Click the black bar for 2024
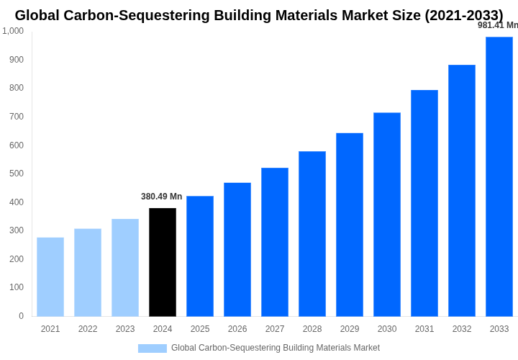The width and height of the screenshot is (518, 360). [163, 262]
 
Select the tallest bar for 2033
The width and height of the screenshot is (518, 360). [499, 176]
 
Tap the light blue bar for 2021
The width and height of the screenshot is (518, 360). [50, 276]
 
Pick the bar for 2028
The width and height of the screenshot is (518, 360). [312, 233]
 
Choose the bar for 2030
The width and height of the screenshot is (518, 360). [387, 214]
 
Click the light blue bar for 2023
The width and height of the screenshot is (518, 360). [125, 267]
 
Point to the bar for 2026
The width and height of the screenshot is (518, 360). [237, 249]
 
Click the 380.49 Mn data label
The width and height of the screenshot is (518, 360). [161, 197]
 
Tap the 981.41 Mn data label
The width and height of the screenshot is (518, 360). [497, 25]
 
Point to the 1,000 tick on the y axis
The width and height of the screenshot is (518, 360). [13, 31]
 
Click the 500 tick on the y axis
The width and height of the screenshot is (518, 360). [16, 174]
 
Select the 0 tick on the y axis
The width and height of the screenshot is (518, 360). [21, 316]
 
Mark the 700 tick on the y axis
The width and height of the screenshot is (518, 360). [16, 117]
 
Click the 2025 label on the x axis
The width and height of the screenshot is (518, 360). [200, 329]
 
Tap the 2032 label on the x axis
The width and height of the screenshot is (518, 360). [462, 329]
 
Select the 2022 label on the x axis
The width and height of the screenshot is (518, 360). [88, 329]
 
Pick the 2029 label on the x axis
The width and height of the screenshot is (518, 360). [350, 329]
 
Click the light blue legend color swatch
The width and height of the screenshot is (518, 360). [152, 348]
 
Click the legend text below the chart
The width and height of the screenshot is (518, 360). [275, 348]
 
